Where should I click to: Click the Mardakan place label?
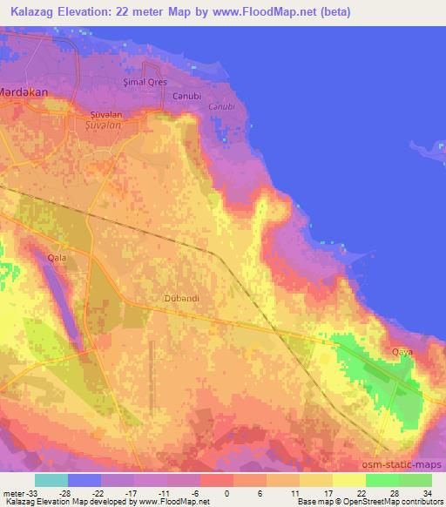tap(22, 90)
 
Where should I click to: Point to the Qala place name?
tap(57, 258)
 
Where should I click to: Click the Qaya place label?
tap(402, 352)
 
